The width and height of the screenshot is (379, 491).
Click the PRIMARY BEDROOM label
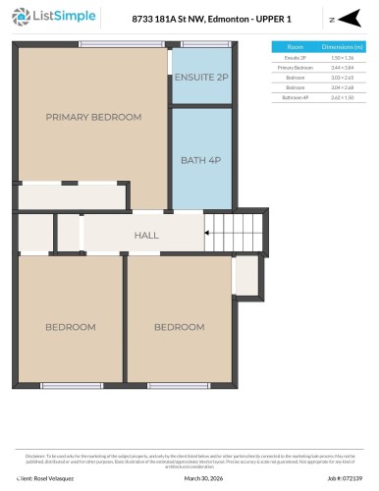click(93, 117)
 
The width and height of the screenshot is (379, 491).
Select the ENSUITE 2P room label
click(201, 77)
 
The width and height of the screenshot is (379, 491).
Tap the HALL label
click(146, 236)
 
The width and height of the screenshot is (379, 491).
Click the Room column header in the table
click(296, 46)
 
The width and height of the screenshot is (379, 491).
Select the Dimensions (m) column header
click(346, 46)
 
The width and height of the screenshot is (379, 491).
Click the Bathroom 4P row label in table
click(296, 97)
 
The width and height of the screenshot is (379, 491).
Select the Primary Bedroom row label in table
click(296, 68)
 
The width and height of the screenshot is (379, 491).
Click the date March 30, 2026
click(203, 478)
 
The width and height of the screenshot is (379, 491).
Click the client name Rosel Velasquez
click(50, 478)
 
